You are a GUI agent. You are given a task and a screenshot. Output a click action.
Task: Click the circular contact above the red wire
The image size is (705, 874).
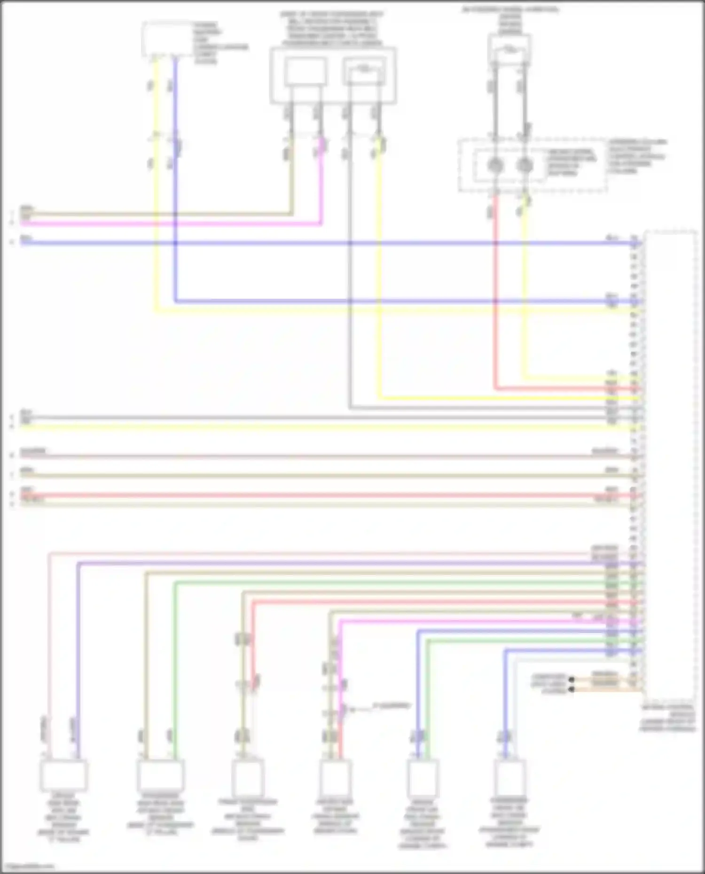(495, 165)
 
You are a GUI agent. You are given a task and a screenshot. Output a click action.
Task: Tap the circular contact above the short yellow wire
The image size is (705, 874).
(525, 165)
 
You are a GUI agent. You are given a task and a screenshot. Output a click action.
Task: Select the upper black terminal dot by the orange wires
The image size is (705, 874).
(572, 680)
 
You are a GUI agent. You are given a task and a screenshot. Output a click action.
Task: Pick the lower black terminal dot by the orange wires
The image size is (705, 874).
(572, 689)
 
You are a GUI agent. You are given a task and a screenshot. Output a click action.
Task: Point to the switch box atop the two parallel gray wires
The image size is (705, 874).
(509, 49)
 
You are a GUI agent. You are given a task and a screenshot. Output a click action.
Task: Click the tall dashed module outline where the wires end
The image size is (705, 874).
(671, 465)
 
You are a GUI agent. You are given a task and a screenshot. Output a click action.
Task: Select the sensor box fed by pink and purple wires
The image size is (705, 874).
(63, 775)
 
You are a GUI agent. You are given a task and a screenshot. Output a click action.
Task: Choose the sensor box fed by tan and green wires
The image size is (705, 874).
(160, 775)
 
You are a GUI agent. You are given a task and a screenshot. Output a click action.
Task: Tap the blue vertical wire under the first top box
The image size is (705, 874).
(175, 211)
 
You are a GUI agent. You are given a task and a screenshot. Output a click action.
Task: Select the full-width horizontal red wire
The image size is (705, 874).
(329, 495)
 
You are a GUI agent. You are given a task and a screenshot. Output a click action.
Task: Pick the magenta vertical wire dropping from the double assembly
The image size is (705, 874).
(321, 188)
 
